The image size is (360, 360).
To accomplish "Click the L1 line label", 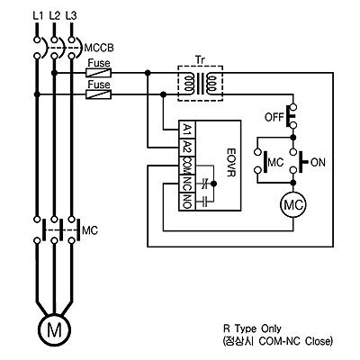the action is (x=38, y=16).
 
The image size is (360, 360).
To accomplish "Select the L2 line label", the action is (x=54, y=16).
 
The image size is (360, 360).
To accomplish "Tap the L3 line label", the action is (x=71, y=16).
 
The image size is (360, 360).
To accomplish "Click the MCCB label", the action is (x=99, y=48).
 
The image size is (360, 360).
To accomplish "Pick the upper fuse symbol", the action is (x=99, y=72).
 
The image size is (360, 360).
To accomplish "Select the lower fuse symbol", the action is (x=99, y=94).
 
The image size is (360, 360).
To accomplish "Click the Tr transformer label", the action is (x=200, y=59).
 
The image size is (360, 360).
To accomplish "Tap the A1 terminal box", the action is (x=187, y=130).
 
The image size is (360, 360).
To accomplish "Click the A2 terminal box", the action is (x=187, y=148).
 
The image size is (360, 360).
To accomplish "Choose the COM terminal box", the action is (x=187, y=166).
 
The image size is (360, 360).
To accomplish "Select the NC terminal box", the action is (x=187, y=184).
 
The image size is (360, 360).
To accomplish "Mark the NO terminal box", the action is (x=187, y=202).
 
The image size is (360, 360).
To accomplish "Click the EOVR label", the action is (x=230, y=161).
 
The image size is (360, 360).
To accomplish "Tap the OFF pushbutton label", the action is (x=274, y=117).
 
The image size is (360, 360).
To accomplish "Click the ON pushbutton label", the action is (x=318, y=163).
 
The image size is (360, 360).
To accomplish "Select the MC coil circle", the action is (x=293, y=205).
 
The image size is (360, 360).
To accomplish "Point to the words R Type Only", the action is (x=252, y=328).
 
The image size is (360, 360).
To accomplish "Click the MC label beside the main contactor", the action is (x=90, y=230).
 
